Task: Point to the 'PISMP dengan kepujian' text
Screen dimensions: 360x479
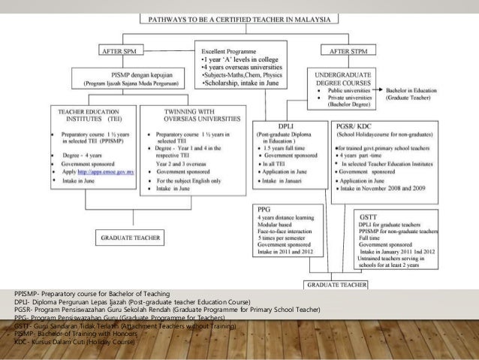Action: point(125,76)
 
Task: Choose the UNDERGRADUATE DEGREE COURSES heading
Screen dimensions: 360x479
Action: point(342,79)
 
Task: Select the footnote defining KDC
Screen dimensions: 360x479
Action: point(73,343)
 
